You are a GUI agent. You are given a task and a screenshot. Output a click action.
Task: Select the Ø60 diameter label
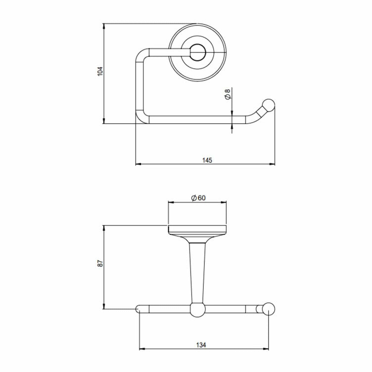[x=198, y=198]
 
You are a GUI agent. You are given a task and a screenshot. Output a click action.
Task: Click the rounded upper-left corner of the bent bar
[x=141, y=54]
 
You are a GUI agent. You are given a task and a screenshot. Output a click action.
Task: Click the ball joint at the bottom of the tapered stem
[x=197, y=309]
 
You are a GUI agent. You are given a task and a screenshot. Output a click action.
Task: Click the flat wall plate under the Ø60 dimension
[x=198, y=229]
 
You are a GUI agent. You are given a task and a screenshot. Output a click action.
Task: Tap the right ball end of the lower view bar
[x=269, y=309]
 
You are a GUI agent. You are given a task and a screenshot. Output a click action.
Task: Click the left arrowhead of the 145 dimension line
[x=138, y=164]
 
